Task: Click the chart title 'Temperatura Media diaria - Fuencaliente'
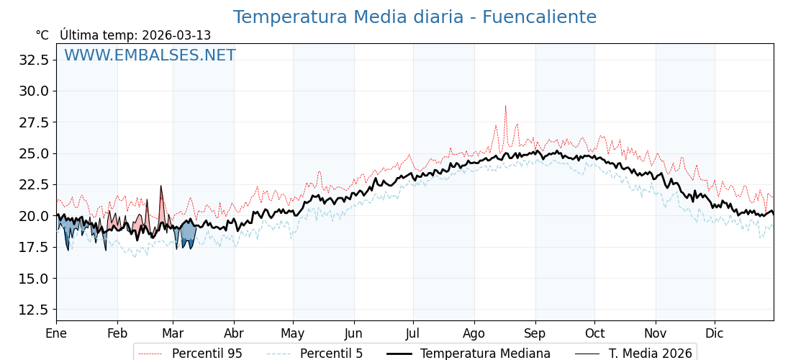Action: click(x=415, y=17)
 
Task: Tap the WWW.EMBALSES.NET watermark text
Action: click(x=150, y=55)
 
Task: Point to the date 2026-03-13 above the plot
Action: click(x=176, y=35)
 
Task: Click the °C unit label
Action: click(x=42, y=35)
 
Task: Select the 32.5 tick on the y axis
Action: click(x=35, y=60)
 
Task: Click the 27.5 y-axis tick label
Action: click(x=35, y=122)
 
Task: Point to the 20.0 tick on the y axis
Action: click(x=35, y=216)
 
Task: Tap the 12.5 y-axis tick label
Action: click(x=35, y=310)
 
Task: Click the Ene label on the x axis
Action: click(x=56, y=333)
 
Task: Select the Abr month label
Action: click(x=234, y=333)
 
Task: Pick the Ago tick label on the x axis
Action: click(x=474, y=333)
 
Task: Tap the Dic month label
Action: click(x=715, y=333)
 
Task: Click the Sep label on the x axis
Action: click(x=535, y=333)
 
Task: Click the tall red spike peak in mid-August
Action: click(x=505, y=107)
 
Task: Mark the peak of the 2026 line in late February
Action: click(x=161, y=186)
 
